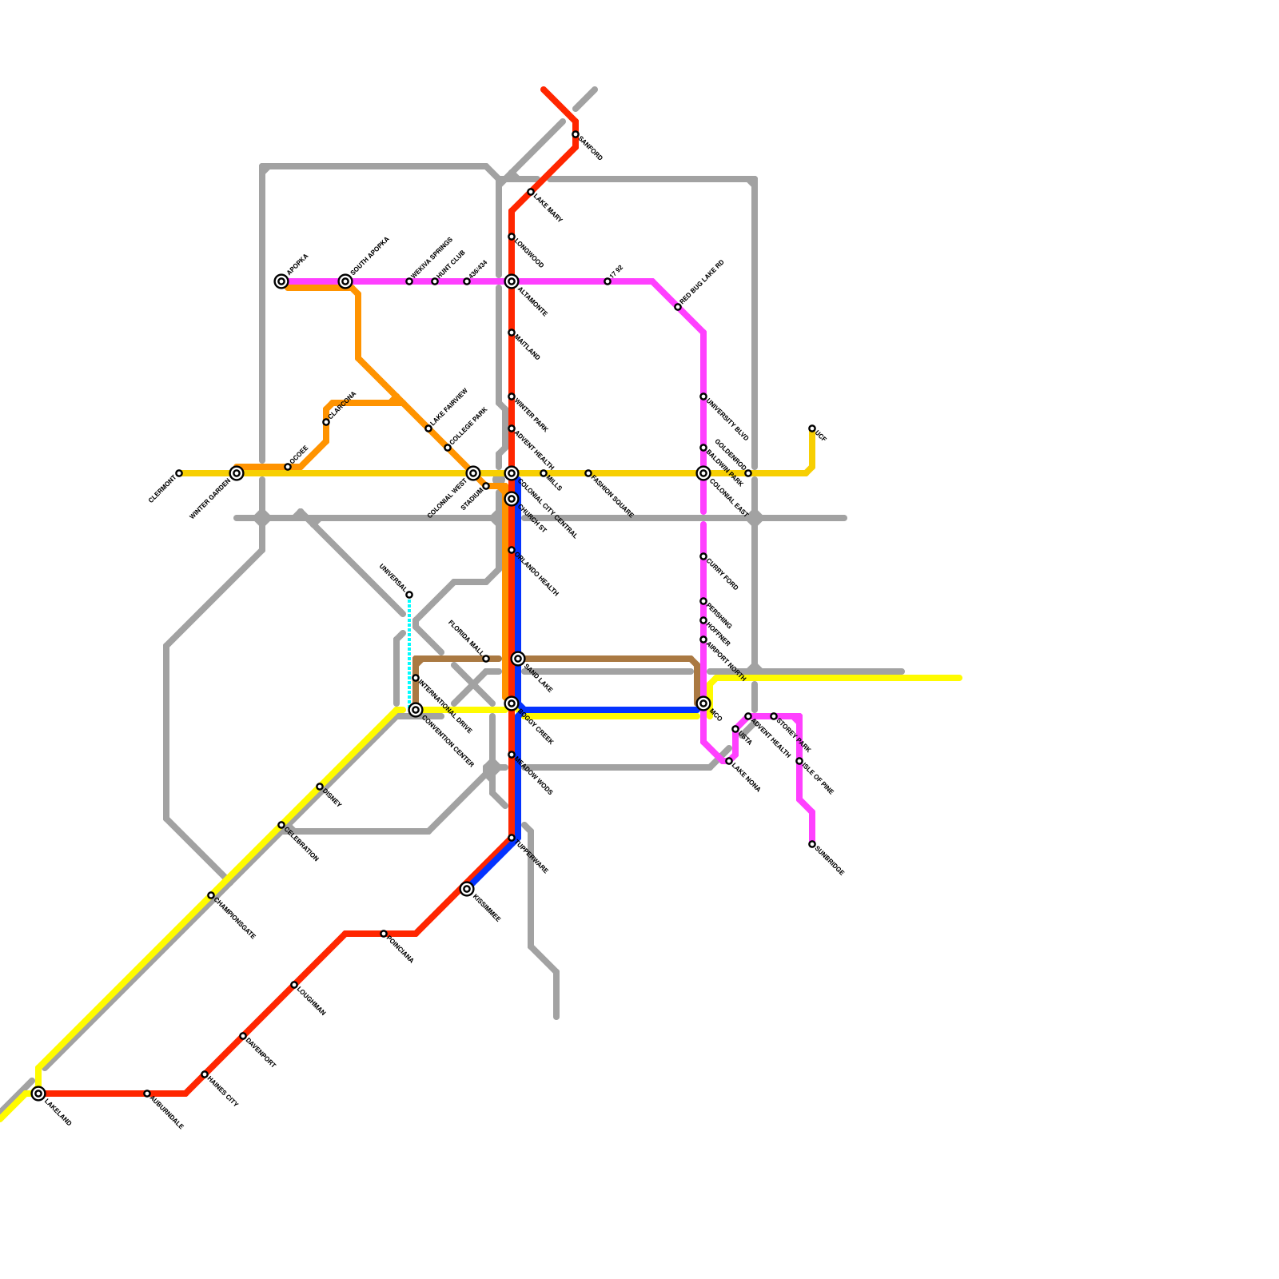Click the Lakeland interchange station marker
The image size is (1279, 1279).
point(38,1094)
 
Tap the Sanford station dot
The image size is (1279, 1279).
point(576,134)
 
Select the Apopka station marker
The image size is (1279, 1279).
point(281,281)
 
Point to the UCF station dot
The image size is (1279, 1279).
point(812,428)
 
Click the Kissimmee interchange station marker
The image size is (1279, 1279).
point(467,889)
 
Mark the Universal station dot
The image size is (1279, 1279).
point(409,595)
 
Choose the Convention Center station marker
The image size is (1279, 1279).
point(416,710)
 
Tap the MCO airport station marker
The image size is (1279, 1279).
point(703,703)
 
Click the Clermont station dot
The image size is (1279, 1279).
point(179,473)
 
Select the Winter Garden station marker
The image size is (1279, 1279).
point(237,473)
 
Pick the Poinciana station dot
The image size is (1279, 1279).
point(384,934)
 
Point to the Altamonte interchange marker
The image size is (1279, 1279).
point(512,281)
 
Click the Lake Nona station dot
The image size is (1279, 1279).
point(729,761)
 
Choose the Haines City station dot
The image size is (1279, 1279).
point(205,1074)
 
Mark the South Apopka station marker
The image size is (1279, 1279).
point(345,281)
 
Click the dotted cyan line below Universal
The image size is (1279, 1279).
point(409,647)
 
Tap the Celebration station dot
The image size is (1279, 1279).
point(281,825)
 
